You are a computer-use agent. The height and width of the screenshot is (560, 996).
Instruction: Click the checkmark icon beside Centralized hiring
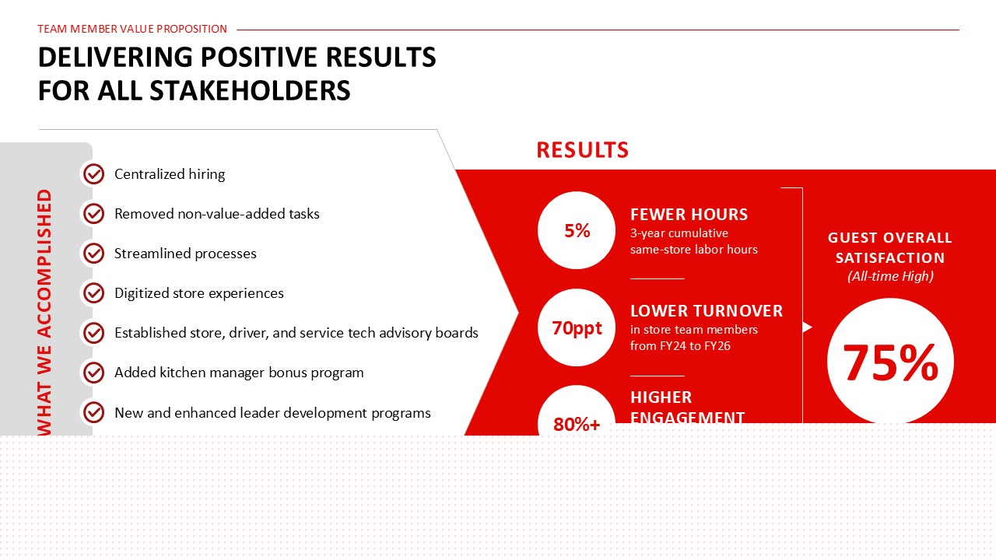[94, 173]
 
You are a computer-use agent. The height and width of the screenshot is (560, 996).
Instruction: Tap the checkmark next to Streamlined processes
[94, 254]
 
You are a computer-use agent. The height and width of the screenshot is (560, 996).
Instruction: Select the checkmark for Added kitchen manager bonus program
[94, 373]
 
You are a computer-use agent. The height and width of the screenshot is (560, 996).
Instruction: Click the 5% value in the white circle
[577, 231]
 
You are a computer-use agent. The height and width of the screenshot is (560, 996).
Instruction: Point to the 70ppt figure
[577, 328]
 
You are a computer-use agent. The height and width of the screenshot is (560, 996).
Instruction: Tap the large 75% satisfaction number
[890, 363]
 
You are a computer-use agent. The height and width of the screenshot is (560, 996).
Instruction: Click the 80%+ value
[577, 425]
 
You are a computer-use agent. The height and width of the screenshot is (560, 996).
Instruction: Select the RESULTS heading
[583, 150]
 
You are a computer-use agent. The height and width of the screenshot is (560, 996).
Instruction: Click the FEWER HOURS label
[689, 215]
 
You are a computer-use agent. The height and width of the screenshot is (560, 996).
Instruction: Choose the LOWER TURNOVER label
[707, 311]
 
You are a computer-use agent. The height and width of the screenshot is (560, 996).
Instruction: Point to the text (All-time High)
[890, 276]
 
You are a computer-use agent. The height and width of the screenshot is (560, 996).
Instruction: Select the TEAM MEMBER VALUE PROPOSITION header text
[132, 29]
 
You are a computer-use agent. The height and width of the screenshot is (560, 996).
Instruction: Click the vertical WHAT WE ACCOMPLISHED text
[44, 313]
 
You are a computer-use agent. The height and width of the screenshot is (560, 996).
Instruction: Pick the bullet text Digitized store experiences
[198, 293]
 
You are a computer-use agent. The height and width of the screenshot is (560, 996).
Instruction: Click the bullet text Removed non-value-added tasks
[217, 214]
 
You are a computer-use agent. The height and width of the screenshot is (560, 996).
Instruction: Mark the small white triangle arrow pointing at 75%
[808, 327]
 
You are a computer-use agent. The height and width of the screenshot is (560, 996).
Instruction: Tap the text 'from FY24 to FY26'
[680, 346]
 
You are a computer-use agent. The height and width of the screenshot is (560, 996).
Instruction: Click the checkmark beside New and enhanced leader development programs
[94, 412]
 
